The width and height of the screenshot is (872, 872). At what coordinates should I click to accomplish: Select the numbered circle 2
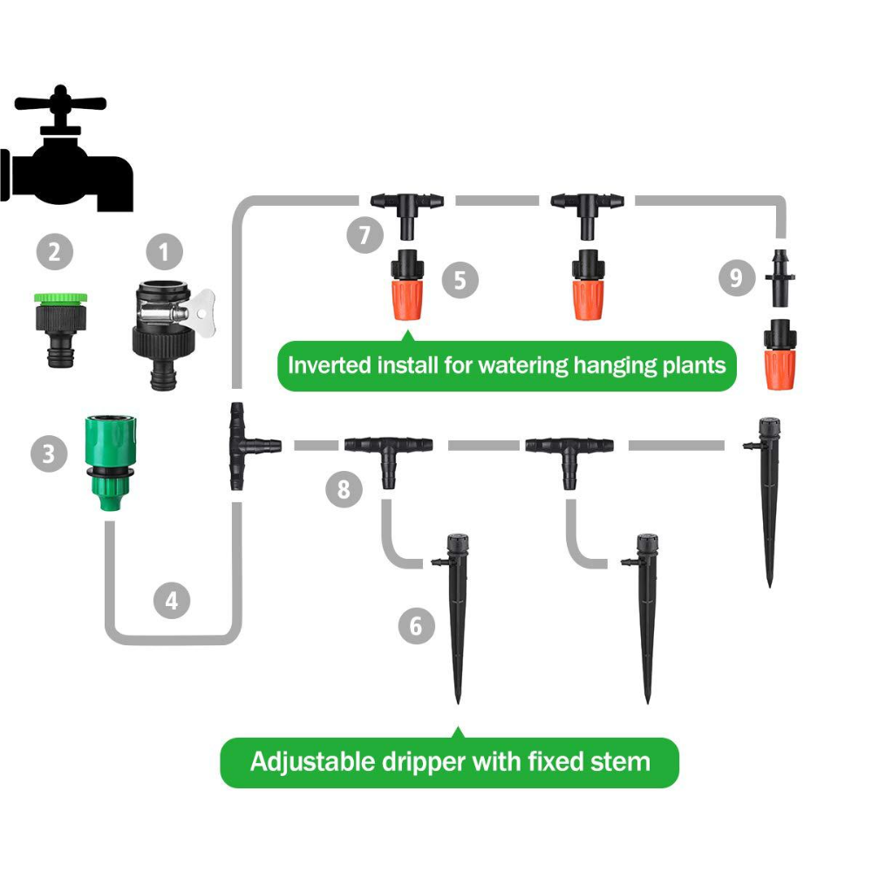(54, 254)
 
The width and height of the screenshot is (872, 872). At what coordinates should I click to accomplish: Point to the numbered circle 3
(48, 454)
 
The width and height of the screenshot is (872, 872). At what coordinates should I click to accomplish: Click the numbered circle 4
(171, 601)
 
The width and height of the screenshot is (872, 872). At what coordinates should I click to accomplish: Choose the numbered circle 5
(460, 280)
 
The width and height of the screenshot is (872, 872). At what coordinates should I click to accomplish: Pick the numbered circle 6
(415, 626)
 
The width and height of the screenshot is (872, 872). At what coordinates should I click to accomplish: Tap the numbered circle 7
(363, 235)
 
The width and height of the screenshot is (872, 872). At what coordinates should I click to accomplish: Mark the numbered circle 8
(343, 489)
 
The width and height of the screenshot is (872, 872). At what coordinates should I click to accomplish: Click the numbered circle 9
(737, 278)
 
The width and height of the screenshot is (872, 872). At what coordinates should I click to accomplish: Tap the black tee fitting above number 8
(388, 453)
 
